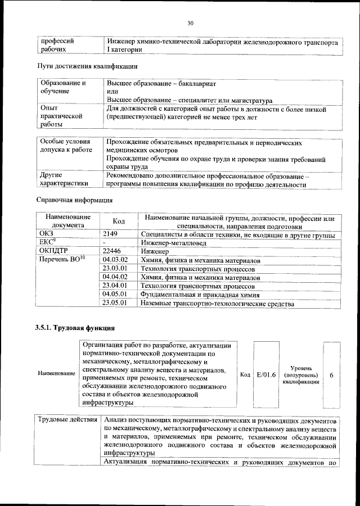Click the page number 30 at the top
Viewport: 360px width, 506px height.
point(190,23)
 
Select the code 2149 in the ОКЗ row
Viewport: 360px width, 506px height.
point(112,234)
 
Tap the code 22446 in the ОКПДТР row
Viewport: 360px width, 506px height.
point(115,251)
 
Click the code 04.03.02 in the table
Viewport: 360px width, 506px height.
point(116,260)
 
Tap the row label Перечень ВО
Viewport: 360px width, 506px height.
point(61,260)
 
